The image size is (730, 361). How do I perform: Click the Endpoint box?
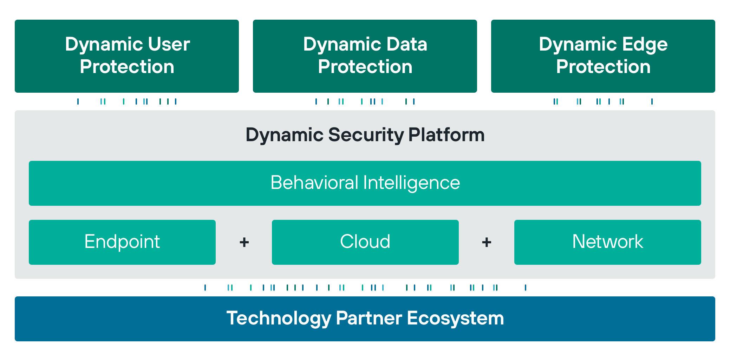(x=122, y=242)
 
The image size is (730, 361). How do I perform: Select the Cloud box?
(x=365, y=242)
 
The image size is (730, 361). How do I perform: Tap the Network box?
(x=608, y=242)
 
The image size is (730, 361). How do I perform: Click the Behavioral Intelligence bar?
(x=365, y=183)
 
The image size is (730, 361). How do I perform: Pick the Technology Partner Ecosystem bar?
(x=365, y=319)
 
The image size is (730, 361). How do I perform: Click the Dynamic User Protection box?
(x=127, y=56)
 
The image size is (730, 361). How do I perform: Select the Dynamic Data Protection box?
(x=365, y=56)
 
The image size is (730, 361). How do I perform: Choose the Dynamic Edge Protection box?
(x=603, y=56)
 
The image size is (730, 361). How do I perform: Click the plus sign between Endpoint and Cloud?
(x=244, y=242)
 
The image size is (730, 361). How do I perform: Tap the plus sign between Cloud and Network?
(x=487, y=242)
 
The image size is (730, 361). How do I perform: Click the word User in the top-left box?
(x=169, y=45)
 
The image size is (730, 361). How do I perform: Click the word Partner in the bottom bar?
(x=369, y=318)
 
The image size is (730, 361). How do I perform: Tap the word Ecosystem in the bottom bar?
(x=455, y=319)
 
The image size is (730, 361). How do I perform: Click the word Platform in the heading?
(x=447, y=135)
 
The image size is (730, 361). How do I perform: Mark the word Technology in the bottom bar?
(x=279, y=319)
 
